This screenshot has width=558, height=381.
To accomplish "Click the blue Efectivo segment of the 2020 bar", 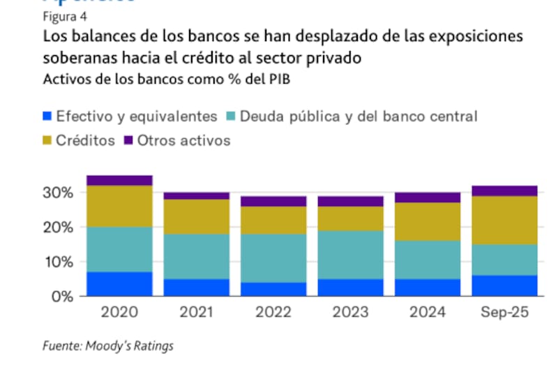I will point(119,284).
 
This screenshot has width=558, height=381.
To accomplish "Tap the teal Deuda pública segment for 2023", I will point(350,255).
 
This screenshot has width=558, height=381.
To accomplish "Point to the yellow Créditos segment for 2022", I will point(274,221).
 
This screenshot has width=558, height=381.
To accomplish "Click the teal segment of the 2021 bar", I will point(197,257).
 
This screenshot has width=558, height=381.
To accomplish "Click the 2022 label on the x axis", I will point(273,312).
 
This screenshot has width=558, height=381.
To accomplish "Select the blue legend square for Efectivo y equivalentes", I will point(48,117).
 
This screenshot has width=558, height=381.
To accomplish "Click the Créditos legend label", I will point(85,140).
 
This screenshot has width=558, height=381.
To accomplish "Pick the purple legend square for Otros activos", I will point(128,141).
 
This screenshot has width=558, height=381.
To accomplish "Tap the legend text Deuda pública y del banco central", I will point(359,117).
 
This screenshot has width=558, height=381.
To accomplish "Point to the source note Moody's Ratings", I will point(108,345).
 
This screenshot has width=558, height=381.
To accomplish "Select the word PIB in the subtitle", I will point(278,79).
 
